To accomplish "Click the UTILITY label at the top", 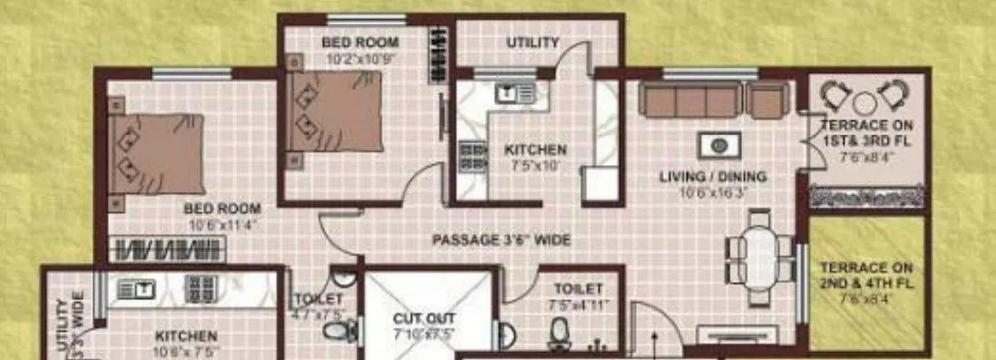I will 532,43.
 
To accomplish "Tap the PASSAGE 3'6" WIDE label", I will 501,240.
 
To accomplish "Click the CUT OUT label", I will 424,319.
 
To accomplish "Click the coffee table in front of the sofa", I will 719,145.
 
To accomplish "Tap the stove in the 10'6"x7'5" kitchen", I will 200,288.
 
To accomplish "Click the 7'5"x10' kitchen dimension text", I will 536,166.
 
